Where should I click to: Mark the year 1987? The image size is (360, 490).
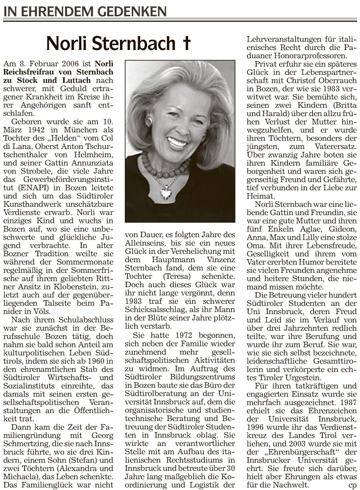[x=347, y=403]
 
